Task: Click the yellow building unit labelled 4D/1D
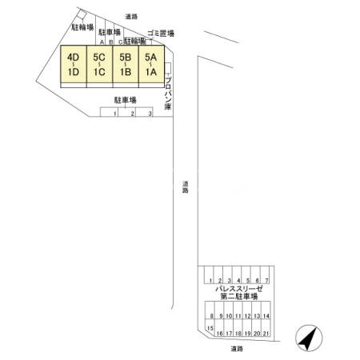click(74, 65)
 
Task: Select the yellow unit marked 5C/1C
click(99, 65)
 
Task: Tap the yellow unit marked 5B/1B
click(125, 65)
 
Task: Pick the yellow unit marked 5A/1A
click(150, 65)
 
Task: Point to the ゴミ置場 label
click(160, 34)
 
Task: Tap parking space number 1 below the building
click(115, 114)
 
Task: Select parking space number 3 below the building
click(150, 114)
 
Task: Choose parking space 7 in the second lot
click(266, 280)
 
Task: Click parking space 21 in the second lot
click(266, 332)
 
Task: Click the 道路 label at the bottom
click(235, 349)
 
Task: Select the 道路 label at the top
click(132, 15)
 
